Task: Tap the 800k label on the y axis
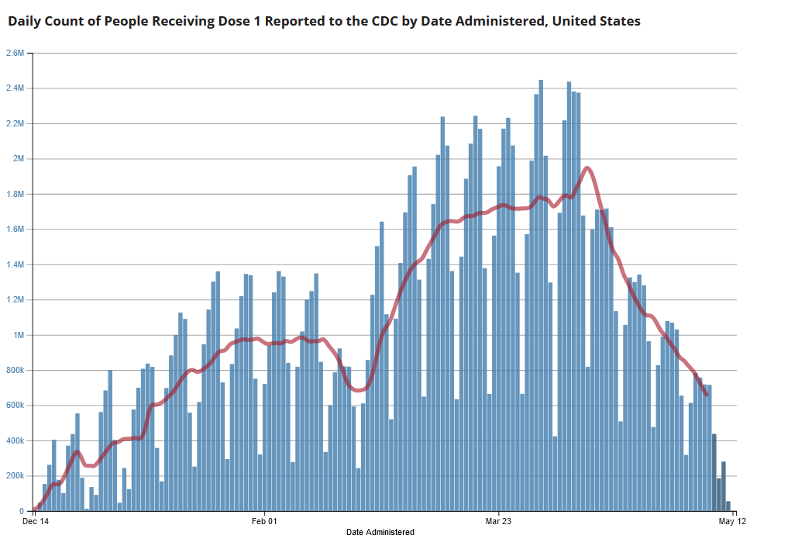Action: point(15,371)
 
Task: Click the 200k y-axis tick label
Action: point(15,476)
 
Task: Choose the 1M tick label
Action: point(19,335)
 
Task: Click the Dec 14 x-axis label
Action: point(36,522)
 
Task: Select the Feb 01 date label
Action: point(264,522)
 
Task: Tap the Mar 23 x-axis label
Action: point(498,522)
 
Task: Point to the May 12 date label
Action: point(732,522)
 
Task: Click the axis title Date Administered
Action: point(380,532)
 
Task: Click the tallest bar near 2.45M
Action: point(541,295)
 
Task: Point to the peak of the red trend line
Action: point(587,167)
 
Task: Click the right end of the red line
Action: point(707,395)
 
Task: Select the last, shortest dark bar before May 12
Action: point(728,506)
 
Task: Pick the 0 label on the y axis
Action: point(23,512)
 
